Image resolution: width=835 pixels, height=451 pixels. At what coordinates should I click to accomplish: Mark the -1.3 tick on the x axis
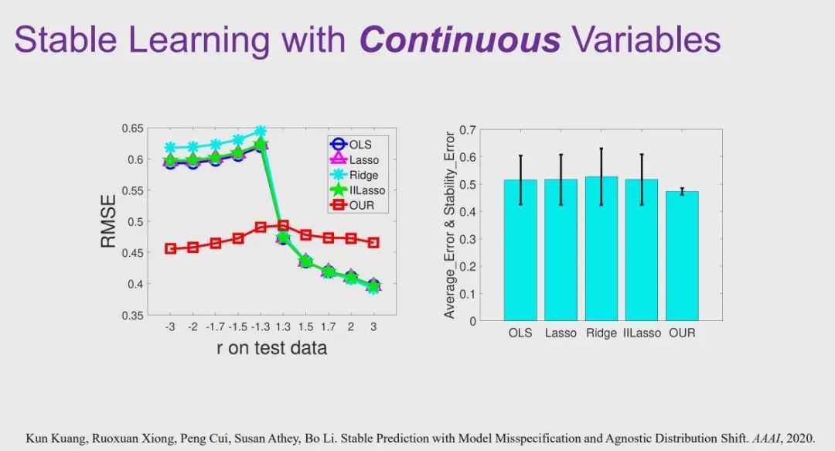pos(260,327)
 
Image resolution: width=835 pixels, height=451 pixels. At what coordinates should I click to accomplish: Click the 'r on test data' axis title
pos(271,348)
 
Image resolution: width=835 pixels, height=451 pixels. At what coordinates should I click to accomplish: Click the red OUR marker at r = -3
pos(170,248)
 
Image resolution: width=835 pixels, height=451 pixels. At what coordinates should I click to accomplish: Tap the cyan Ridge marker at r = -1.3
pos(261,132)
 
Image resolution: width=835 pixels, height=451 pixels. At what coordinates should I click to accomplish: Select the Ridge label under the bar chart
pos(601,333)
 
